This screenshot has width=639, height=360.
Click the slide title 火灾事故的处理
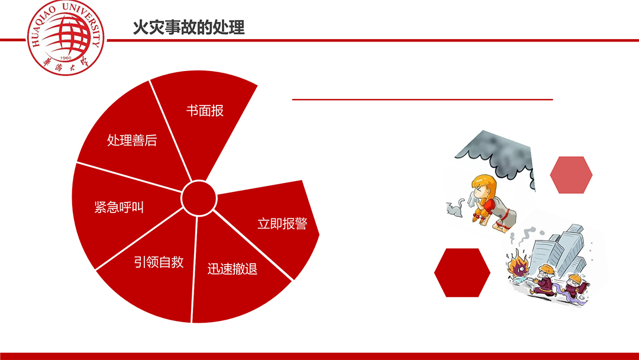[189, 27]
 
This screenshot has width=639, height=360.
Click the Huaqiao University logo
[66, 37]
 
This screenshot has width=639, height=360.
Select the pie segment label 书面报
[205, 111]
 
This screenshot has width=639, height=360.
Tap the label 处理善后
[132, 140]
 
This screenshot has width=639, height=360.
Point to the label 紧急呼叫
[119, 207]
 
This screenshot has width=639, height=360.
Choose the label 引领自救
[159, 262]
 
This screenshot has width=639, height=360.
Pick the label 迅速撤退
[233, 269]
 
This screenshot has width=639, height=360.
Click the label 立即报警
[282, 223]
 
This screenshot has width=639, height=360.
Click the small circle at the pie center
[198, 198]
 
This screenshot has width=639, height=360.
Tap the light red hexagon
[571, 175]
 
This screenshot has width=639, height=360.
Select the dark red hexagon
[462, 272]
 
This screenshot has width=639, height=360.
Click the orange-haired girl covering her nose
[492, 202]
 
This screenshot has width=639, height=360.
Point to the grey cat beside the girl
[456, 208]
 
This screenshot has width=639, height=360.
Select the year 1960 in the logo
[66, 58]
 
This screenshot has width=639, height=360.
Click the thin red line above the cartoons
[422, 99]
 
